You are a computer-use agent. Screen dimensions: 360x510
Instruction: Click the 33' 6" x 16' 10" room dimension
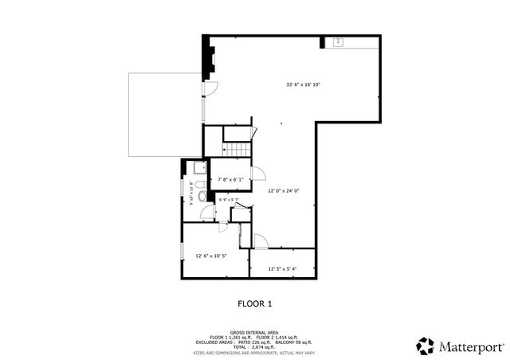(x=304, y=84)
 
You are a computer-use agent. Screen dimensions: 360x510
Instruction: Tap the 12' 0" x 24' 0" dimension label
(x=282, y=190)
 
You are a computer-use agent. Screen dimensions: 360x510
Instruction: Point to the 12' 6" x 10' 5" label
(x=211, y=256)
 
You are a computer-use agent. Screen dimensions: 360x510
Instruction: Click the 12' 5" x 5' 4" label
(x=282, y=269)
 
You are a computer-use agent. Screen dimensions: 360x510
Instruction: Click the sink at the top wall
(x=338, y=41)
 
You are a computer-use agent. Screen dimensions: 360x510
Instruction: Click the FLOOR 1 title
(x=255, y=303)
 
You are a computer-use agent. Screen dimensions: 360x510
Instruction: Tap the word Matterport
(x=469, y=346)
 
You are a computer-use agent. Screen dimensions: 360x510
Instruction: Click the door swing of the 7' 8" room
(x=257, y=174)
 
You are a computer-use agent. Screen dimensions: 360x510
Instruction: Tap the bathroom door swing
(x=207, y=211)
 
